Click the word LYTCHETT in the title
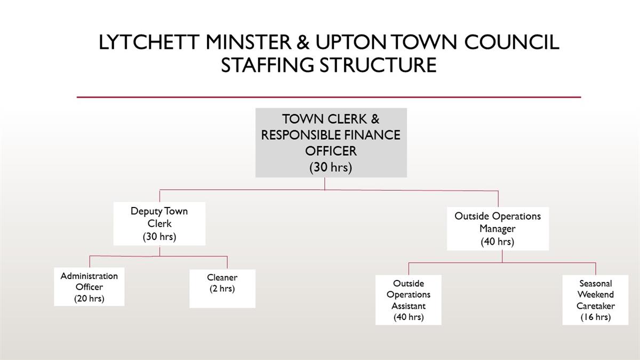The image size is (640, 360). pos(149,42)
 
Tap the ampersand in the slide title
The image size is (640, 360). pos(303,42)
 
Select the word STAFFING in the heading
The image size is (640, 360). pos(267,65)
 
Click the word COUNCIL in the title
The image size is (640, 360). pos(511,42)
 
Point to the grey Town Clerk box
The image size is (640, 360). pos(331,142)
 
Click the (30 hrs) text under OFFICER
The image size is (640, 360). pos(331,167)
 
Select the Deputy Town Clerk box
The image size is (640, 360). pos(159,223)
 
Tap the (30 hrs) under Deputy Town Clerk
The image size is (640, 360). pos(159,237)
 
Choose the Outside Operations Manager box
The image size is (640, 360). pos(498,229)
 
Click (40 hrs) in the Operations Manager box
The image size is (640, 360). pos(498,242)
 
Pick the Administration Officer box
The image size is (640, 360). pos(89,286)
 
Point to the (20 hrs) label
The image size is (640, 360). pos(89,299)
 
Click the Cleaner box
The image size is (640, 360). pos(222,289)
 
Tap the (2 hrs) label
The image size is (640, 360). pos(222,289)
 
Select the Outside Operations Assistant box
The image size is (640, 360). pos(409,300)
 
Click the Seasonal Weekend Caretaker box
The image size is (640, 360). pos(595,300)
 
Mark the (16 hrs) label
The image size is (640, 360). pos(596,317)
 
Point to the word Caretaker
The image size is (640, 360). pos(596,306)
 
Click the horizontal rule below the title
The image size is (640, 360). pos(329,97)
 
